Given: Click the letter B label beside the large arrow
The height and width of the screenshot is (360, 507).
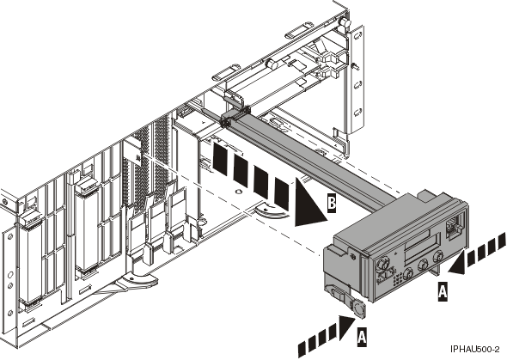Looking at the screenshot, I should [x=332, y=204].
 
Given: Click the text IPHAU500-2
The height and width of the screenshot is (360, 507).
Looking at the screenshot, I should [x=473, y=350].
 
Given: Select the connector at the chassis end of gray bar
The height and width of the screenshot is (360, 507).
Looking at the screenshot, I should [x=229, y=120].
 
